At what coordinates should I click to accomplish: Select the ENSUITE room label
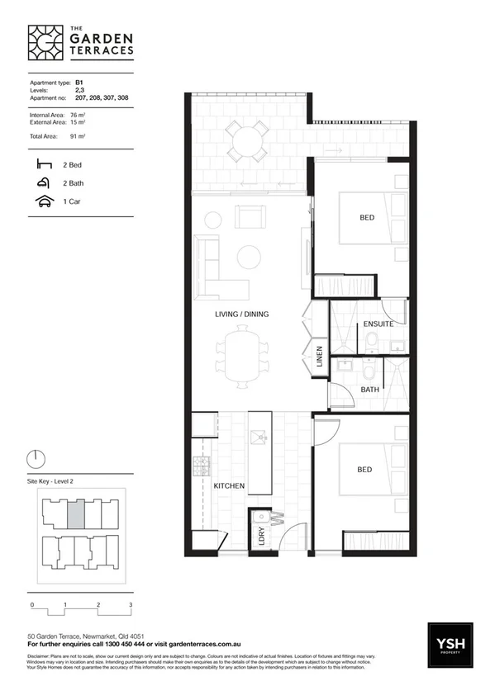[378, 324]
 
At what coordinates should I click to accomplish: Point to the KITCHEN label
[229, 486]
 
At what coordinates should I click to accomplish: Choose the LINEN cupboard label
[319, 359]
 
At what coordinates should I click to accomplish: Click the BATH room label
[369, 389]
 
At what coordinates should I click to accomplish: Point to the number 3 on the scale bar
[131, 605]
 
